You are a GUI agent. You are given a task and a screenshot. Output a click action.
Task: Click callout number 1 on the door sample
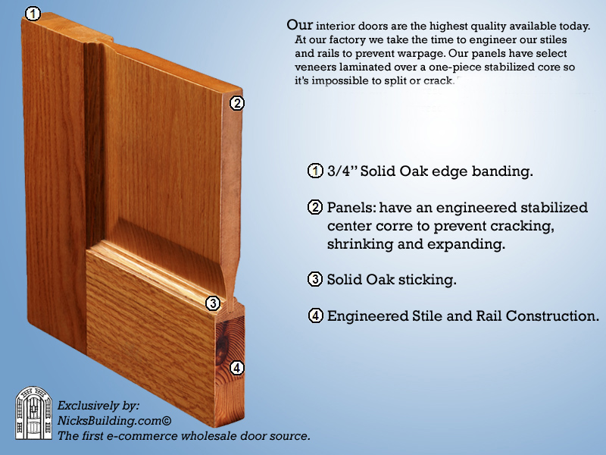tap(33, 14)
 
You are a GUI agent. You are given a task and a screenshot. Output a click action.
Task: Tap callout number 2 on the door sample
tap(237, 103)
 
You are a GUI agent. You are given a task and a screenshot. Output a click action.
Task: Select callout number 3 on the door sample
tap(213, 303)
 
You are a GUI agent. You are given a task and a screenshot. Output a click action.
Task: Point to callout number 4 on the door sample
tap(237, 368)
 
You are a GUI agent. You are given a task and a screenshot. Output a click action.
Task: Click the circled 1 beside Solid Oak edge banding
tap(315, 171)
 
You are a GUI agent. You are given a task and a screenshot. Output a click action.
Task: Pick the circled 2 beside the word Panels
tap(315, 207)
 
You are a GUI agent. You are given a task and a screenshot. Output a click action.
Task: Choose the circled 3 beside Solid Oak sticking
tap(315, 279)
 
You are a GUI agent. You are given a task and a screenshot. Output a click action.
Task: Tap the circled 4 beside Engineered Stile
tap(315, 315)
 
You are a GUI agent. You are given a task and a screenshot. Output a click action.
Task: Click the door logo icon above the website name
tap(33, 413)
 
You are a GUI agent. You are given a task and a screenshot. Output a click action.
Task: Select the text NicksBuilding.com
tap(109, 421)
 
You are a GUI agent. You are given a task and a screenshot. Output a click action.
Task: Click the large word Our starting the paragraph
tap(299, 25)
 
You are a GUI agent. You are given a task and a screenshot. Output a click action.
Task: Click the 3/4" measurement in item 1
tap(342, 171)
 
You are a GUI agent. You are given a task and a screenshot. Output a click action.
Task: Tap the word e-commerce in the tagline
tap(142, 436)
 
